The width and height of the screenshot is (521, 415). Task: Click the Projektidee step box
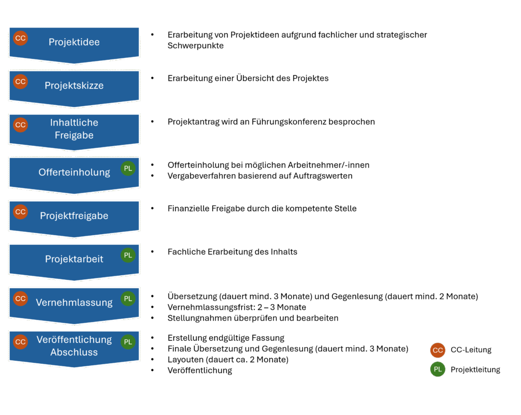(74, 43)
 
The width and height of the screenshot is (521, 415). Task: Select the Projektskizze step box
(74, 86)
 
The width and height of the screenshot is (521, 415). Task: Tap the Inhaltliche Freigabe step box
(74, 129)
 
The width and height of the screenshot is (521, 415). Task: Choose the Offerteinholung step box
(74, 173)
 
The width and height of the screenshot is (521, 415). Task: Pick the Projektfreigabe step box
(74, 216)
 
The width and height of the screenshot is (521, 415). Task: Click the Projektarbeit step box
(74, 259)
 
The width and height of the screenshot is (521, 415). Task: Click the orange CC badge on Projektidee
(20, 38)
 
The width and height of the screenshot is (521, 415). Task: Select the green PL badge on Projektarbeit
(128, 255)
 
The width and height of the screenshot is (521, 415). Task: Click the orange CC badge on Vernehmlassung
(20, 299)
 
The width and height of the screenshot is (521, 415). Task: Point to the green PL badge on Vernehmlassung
(128, 299)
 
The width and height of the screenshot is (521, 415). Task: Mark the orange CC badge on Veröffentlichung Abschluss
(20, 342)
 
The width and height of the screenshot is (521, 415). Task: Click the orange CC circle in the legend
(438, 350)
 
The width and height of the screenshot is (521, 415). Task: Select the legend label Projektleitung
(475, 370)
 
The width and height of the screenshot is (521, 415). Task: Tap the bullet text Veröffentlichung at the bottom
(199, 371)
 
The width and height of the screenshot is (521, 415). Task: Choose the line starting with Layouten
(228, 360)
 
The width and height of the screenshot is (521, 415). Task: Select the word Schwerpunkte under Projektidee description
(195, 46)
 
